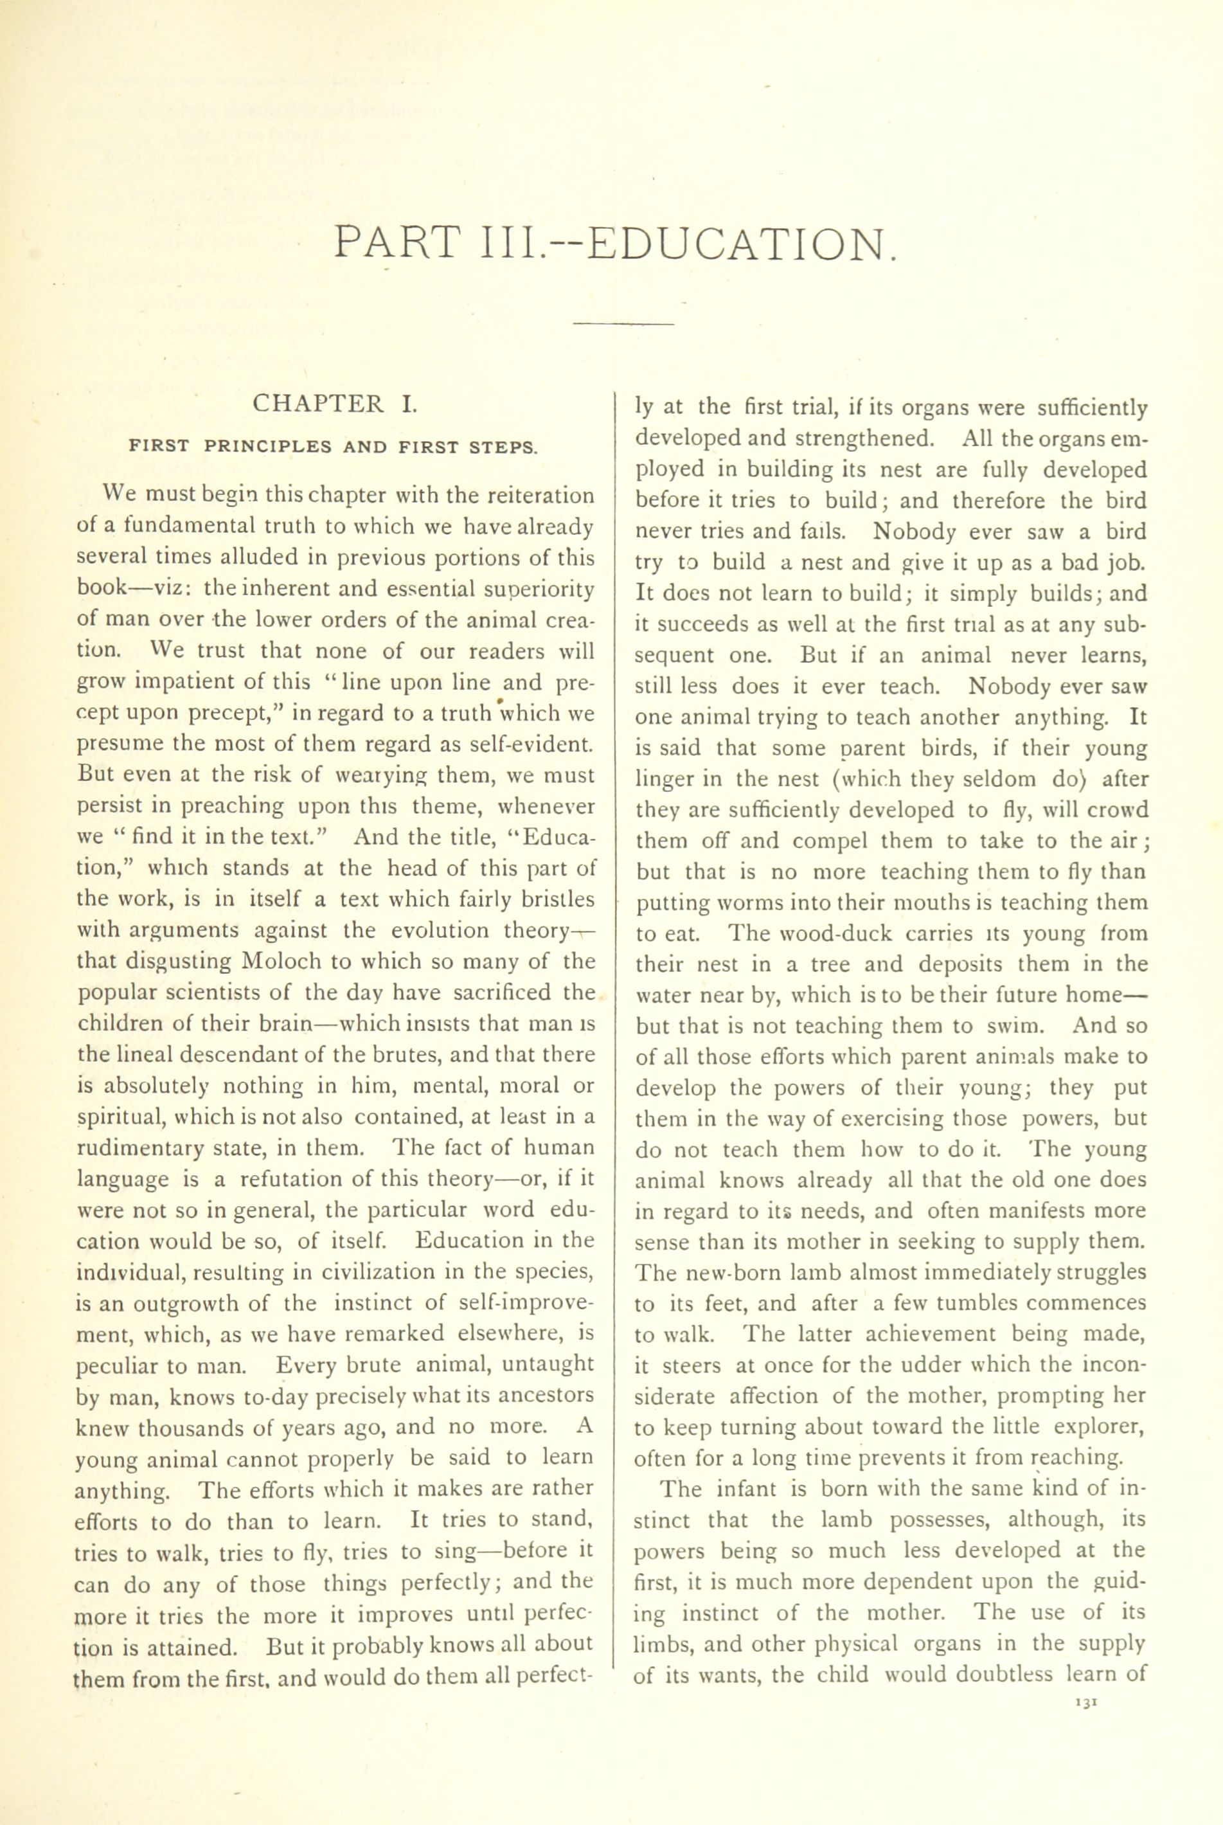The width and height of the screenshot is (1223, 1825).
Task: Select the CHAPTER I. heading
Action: [x=335, y=404]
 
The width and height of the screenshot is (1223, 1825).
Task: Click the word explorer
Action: [x=1098, y=1427]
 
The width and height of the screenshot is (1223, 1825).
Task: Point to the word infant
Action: [x=747, y=1489]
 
